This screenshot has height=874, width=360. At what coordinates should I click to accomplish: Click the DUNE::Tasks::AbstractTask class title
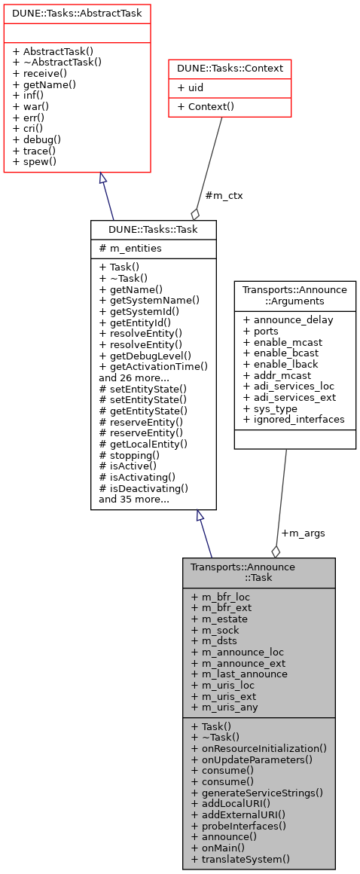click(x=77, y=14)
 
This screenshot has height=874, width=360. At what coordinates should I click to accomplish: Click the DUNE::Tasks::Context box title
click(x=230, y=69)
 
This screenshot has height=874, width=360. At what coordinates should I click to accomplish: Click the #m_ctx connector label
click(x=224, y=195)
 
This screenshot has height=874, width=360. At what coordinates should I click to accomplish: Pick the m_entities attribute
click(x=130, y=249)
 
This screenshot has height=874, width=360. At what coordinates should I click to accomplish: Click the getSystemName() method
click(x=149, y=300)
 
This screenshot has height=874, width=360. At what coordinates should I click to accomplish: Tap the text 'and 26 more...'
click(x=134, y=377)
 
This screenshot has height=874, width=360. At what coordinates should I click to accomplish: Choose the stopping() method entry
click(x=129, y=454)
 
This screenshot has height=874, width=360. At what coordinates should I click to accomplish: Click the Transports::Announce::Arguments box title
click(x=294, y=296)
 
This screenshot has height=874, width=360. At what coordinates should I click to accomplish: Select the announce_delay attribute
click(x=288, y=319)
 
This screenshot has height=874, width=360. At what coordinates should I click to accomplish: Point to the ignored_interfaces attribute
click(x=294, y=419)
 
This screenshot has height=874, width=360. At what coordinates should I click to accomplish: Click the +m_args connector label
click(x=303, y=533)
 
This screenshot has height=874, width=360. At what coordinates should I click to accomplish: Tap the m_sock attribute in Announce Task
click(x=215, y=630)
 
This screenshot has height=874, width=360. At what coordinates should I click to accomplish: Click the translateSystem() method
click(x=240, y=859)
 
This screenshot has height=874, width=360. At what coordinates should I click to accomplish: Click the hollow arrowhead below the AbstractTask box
click(x=103, y=179)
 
